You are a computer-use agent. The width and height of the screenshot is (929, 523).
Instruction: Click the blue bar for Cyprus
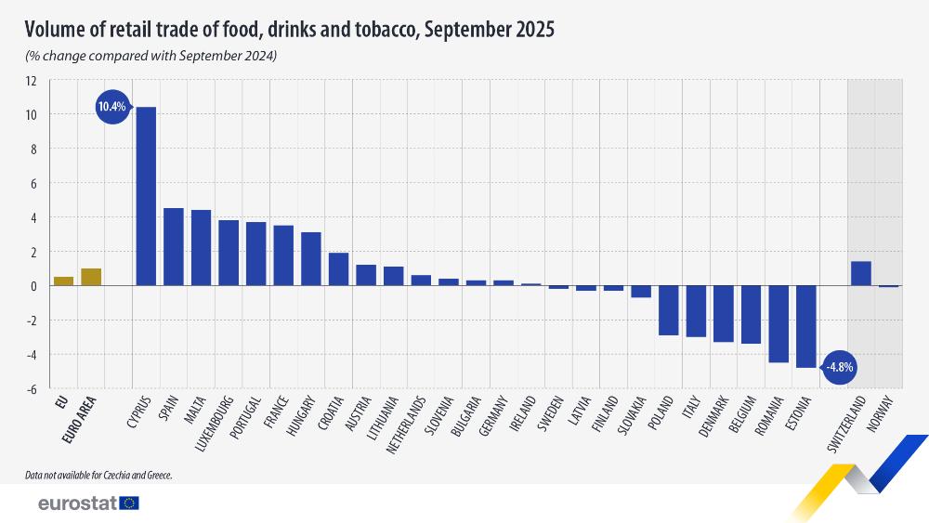tap(146, 196)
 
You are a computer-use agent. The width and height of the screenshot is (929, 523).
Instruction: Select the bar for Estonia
tap(805, 326)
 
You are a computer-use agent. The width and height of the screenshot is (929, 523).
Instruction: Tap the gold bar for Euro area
tap(91, 277)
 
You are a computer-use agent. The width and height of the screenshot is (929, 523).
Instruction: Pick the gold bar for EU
tap(63, 281)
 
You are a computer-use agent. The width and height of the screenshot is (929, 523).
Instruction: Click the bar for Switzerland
tap(860, 274)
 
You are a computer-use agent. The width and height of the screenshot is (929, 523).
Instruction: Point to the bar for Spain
tap(173, 247)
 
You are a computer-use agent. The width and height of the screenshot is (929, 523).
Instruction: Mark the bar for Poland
tap(669, 310)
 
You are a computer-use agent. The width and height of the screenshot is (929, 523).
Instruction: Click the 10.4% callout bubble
tap(111, 107)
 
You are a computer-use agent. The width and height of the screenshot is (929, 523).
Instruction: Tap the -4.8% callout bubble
tap(840, 367)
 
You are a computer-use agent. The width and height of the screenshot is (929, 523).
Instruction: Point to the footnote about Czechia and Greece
tap(99, 475)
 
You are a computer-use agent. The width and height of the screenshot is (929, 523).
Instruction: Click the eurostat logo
tap(88, 503)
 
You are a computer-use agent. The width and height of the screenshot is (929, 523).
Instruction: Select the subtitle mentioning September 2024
tap(150, 57)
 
